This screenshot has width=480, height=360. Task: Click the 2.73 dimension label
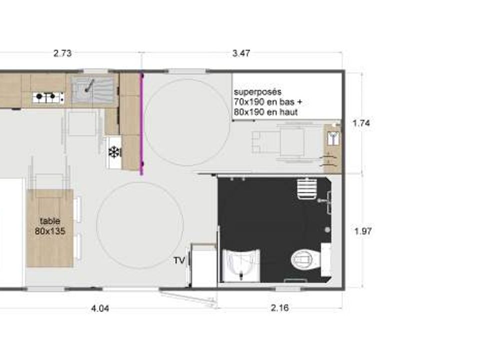[x=62, y=53]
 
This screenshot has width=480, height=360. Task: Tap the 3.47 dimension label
[x=241, y=53]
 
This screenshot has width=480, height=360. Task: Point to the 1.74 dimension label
[x=361, y=123]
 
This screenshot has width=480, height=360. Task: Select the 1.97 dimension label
[x=363, y=231]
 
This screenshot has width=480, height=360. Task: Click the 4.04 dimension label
[x=100, y=308]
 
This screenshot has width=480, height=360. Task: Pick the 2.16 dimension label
[x=280, y=307]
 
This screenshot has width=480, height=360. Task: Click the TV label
[x=179, y=260]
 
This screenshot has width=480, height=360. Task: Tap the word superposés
[x=258, y=92]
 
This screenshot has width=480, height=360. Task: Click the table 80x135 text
[x=50, y=226]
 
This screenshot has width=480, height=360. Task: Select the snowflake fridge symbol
[x=114, y=152]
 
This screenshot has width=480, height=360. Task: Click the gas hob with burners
[x=48, y=97]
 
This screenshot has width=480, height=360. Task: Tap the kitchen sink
[x=92, y=88]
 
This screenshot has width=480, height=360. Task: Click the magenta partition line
[x=141, y=124]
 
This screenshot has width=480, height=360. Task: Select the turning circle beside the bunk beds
[x=187, y=122]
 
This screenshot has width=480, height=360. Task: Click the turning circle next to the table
[x=140, y=225]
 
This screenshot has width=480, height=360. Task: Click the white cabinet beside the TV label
[x=203, y=265]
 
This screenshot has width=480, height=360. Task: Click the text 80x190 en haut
[x=265, y=112]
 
